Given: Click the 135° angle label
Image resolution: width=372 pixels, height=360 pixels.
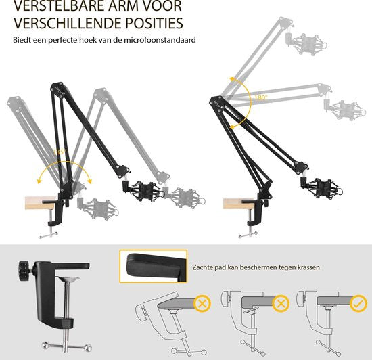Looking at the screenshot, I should click(x=63, y=154).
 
